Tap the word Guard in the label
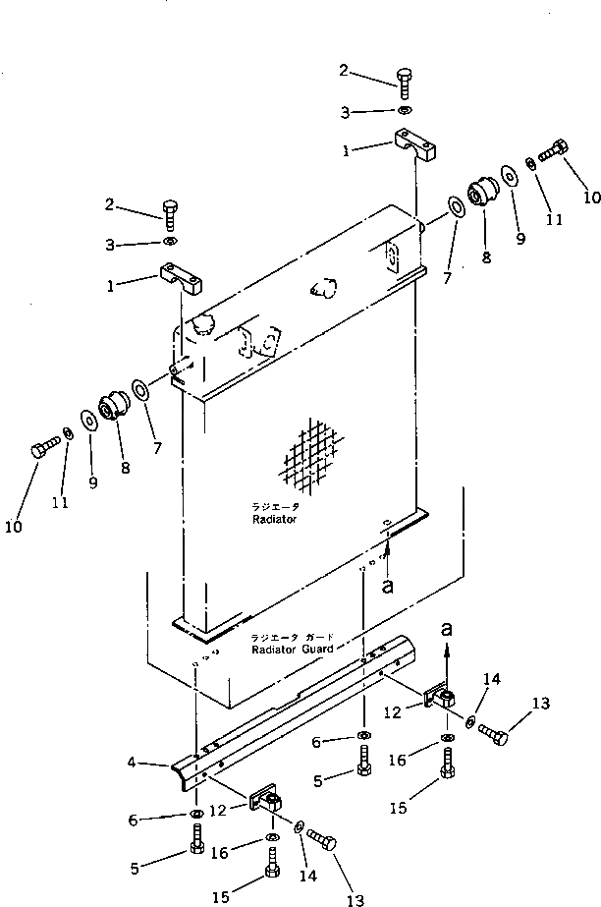pyautogui.click(x=312, y=649)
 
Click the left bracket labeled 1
pyautogui.click(x=182, y=281)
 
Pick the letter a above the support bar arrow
pyautogui.click(x=449, y=625)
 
